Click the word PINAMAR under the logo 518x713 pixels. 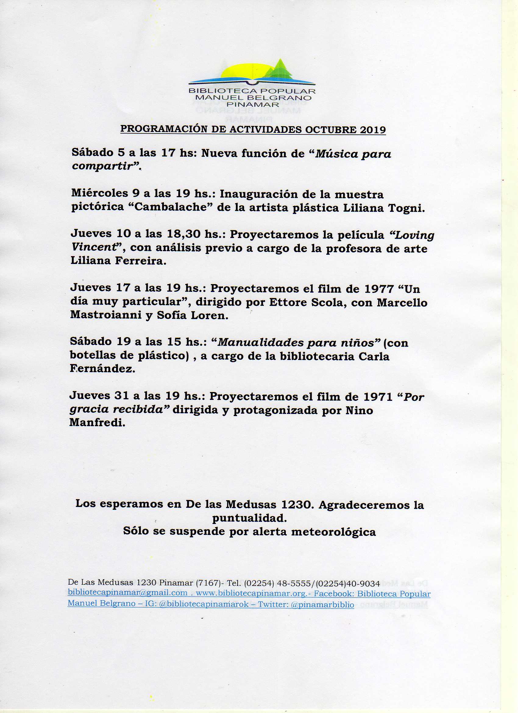(x=252, y=104)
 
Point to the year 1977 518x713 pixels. (x=379, y=289)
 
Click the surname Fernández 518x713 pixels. (x=102, y=369)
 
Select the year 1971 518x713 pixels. (x=378, y=397)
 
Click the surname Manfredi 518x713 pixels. (x=97, y=423)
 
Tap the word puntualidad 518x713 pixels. (x=249, y=519)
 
